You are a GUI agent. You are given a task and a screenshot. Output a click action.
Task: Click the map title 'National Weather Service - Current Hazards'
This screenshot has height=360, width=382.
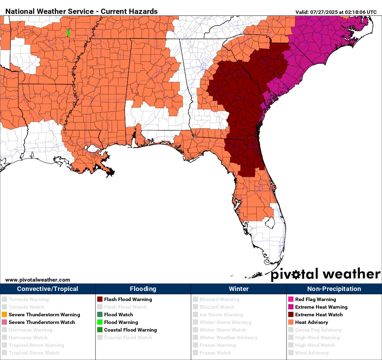coord(81,11)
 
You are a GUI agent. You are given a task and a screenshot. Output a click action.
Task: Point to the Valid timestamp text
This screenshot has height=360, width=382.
coord(336,12)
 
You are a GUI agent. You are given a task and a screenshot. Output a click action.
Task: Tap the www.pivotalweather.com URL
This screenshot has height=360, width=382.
coord(38,280)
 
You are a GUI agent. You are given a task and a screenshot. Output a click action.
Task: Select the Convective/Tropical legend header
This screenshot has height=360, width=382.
coord(48,289)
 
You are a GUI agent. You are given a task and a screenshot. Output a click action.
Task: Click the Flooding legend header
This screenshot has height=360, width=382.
coord(143,289)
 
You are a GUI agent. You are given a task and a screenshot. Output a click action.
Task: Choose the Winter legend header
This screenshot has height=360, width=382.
coord(239,289)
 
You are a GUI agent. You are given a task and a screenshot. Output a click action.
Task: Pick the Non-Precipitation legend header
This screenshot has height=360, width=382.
coord(334,289)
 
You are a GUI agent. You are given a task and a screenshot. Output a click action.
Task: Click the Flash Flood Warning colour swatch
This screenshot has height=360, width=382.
coord(100,299)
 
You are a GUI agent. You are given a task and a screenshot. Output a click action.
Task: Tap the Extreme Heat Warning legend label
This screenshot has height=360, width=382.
coord(321,307)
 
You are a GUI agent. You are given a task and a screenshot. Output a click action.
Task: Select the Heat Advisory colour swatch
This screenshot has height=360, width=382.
coord(291,322)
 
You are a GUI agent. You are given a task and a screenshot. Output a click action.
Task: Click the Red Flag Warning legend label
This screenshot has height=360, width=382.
coord(316,299)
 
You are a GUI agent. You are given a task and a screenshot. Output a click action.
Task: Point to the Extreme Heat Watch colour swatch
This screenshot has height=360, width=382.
coord(291,315)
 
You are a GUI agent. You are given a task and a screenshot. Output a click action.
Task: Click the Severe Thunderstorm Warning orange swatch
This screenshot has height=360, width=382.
coord(4,315)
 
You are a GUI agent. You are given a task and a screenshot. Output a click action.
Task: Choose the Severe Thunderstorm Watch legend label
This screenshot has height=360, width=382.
coord(42,322)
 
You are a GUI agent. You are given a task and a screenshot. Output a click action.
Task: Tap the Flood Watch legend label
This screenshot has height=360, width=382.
coord(118,315)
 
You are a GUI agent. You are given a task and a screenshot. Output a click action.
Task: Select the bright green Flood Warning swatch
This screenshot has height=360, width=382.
coord(100,322)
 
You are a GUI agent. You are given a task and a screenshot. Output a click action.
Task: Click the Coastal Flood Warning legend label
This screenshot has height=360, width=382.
coord(130,330)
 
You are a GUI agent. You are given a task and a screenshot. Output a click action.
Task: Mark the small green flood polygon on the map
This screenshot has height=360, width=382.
coord(68,33)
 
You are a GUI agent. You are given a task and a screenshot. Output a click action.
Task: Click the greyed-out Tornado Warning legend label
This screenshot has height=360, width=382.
coord(28,299)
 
